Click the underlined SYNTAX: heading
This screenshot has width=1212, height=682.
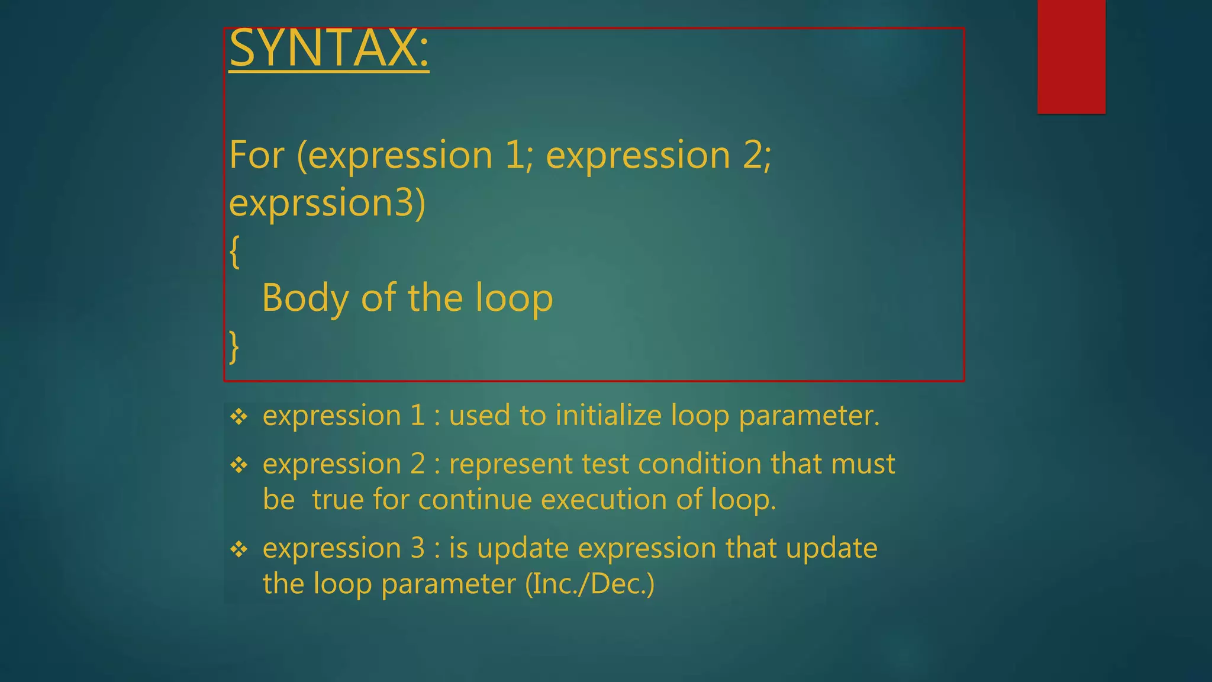coord(328,49)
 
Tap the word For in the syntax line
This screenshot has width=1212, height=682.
coord(257,156)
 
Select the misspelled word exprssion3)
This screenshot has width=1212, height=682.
coord(327,203)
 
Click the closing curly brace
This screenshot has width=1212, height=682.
coord(234,346)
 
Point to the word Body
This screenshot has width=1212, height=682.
coord(305,298)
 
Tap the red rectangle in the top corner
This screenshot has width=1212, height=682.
coord(1071,56)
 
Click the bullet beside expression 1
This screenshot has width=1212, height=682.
coord(239,417)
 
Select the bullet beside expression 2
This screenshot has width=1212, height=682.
coord(239,465)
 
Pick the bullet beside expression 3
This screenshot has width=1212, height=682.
coord(239,549)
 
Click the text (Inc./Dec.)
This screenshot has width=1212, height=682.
coord(590,584)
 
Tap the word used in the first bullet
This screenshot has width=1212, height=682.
coord(479,416)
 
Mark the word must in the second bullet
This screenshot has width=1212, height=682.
coord(863,464)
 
